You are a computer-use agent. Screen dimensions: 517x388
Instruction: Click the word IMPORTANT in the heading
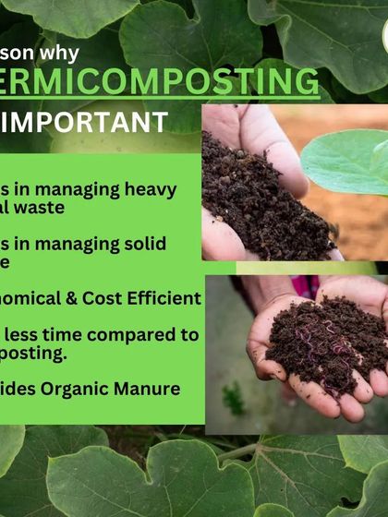pos(92,122)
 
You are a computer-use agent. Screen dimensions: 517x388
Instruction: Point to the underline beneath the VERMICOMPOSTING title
pos(157,99)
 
